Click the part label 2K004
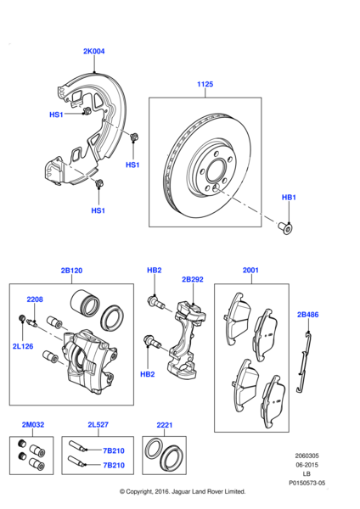[x=93, y=52]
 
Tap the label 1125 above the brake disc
[x=205, y=84]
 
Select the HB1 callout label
[x=289, y=197]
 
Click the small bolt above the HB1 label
[x=288, y=227]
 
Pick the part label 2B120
[x=71, y=271]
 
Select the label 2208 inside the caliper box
[x=34, y=299]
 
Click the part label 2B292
[x=193, y=279]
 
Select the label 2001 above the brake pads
[x=250, y=271]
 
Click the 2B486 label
[x=307, y=314]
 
